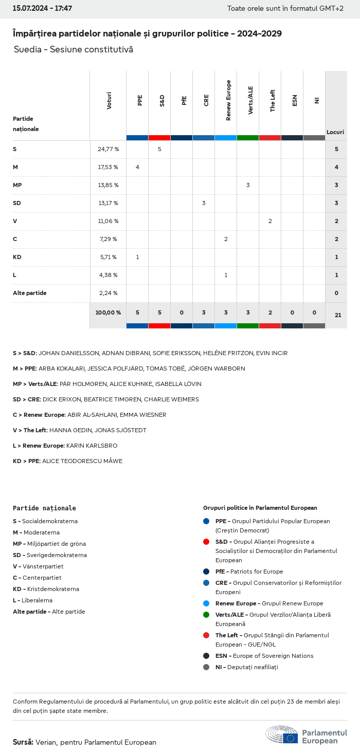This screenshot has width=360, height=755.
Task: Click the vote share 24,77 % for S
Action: click(108, 149)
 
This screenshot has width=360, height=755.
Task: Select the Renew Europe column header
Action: click(228, 100)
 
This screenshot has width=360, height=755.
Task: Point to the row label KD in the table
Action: click(17, 257)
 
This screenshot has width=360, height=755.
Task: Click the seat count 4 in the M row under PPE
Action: click(137, 167)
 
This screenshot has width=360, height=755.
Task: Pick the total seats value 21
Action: click(338, 315)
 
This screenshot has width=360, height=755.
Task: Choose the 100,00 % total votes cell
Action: click(108, 312)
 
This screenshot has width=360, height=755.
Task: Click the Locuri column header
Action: click(335, 132)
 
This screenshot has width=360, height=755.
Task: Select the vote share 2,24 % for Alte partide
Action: click(108, 293)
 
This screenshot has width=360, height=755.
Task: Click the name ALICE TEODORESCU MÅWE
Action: click(82, 461)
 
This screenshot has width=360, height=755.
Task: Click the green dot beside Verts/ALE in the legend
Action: click(206, 615)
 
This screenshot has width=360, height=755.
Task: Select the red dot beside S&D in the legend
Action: click(206, 542)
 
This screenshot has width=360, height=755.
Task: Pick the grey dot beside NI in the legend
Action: click(206, 667)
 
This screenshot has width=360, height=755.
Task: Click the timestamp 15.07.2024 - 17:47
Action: click(42, 8)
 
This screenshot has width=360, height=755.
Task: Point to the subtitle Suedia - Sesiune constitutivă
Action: click(74, 49)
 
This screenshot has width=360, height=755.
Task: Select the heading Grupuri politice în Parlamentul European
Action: click(260, 508)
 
